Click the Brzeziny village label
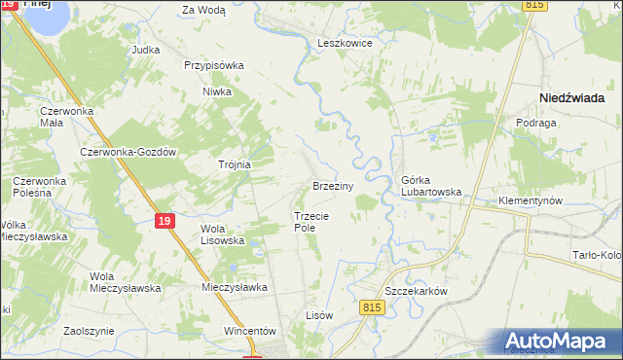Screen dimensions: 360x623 tap(338, 185)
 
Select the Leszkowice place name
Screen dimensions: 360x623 tap(345, 44)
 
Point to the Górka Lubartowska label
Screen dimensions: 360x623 tap(430, 186)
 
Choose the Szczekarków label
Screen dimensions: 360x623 tap(415, 292)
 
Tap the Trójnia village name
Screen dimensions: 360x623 tap(235, 164)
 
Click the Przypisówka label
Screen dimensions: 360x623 tap(213, 66)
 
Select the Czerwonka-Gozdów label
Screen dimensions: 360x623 tap(128, 153)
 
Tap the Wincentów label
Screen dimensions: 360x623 tap(251, 331)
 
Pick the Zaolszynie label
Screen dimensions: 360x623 tap(89, 331)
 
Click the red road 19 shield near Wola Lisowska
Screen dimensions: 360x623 tap(165, 222)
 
